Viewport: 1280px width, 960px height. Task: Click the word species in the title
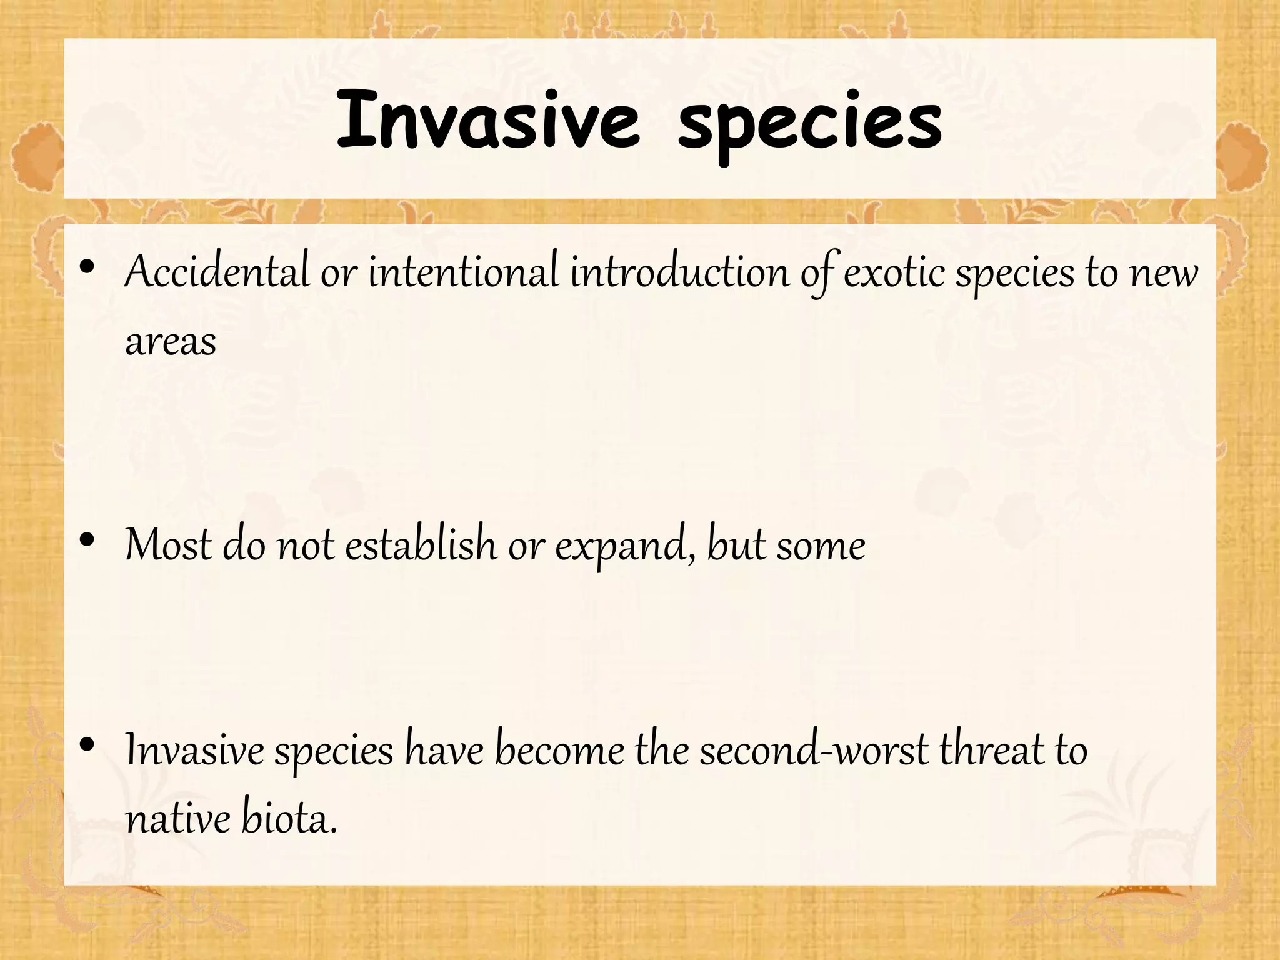pos(810,122)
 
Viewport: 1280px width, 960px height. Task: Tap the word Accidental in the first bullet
pos(217,272)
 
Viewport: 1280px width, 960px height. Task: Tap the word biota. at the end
pos(289,819)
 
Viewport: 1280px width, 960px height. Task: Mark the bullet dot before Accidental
pos(87,268)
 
